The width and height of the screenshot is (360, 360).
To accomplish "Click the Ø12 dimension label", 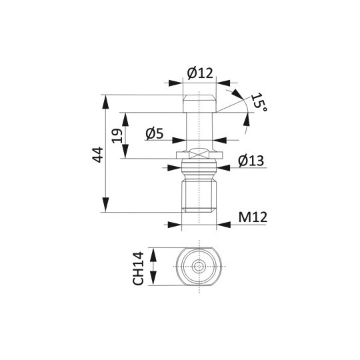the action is point(200,73).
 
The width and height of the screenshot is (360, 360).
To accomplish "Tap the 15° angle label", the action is point(259,102).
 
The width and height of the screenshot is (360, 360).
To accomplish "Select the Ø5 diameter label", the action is point(155,134).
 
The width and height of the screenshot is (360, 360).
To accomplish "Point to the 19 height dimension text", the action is point(117,136).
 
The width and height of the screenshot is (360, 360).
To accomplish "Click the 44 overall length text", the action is point(97,155).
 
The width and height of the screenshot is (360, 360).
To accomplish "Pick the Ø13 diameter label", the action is point(251,161).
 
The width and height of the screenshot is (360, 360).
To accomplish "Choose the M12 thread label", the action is point(253,217).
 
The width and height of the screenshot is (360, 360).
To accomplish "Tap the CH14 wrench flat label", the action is point(138,269).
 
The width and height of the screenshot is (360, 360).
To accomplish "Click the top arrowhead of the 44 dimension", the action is point(105,102).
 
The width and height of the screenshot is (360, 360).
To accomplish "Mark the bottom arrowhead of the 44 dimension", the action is point(105,205).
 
